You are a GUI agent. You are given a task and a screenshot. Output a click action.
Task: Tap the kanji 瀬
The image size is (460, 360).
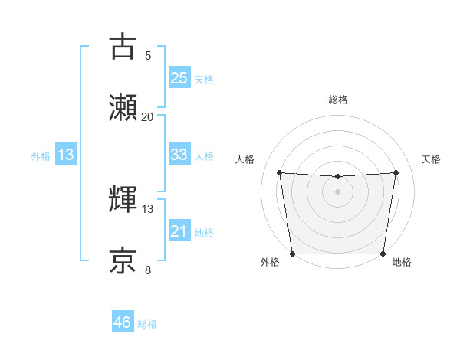pos(123,108)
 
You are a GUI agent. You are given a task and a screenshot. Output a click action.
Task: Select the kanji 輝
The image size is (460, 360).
pos(123,200)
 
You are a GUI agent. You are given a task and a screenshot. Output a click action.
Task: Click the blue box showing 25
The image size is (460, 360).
pos(179,78)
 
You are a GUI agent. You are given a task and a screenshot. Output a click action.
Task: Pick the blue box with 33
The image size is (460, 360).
pos(179,155)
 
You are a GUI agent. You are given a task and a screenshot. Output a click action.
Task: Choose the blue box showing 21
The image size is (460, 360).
pos(179,231)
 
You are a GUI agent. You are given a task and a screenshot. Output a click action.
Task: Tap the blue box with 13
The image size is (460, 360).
pos(66,155)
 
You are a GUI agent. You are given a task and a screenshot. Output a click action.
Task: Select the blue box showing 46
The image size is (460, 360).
pos(123,322)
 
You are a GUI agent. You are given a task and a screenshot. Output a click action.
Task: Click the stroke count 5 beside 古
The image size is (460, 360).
pos(148,55)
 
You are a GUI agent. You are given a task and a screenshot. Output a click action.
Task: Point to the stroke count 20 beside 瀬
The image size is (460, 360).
pos(148,116)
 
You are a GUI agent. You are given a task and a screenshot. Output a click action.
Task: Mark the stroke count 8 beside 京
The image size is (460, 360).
pos(148,270)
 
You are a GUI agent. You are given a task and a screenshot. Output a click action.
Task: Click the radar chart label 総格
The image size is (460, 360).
pos(338,100)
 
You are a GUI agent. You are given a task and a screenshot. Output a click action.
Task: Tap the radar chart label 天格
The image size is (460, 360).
pos(431,159)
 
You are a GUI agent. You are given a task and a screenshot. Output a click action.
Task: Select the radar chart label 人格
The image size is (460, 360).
pos(245,159)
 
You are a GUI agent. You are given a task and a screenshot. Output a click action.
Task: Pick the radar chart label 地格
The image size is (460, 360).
pos(402,263)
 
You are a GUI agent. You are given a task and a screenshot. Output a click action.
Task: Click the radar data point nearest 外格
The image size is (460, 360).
pos(293,254)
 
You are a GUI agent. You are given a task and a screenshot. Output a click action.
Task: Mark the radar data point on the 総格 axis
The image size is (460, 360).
pos(337,177)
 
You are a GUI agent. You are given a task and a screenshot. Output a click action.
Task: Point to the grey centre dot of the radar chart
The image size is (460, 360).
pos(337,191)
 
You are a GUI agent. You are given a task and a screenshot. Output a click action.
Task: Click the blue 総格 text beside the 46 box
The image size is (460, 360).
pos(147,324)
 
